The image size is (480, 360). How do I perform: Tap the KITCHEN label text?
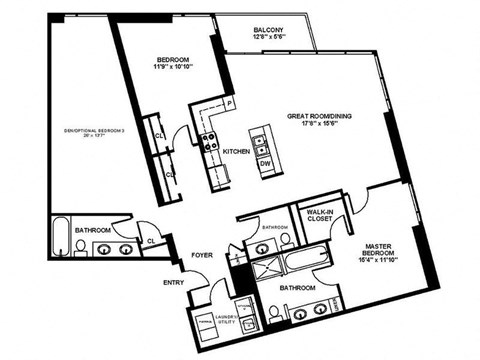[x=236, y=150]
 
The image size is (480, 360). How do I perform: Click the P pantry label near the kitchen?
[x=229, y=104]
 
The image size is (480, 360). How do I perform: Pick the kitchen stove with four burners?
[x=211, y=143]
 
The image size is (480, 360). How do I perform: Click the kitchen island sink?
[x=261, y=141]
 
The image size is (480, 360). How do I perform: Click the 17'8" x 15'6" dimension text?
[x=315, y=124]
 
